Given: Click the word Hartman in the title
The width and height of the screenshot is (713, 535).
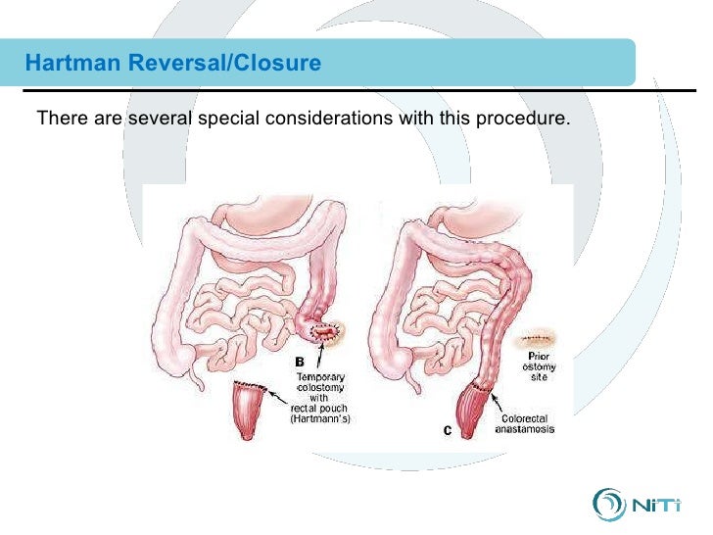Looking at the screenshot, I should (x=68, y=64).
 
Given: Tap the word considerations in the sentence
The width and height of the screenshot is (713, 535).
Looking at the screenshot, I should (x=322, y=120).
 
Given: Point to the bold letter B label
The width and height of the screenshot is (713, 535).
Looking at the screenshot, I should (x=300, y=362).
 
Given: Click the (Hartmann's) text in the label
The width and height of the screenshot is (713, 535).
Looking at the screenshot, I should (x=320, y=419).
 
